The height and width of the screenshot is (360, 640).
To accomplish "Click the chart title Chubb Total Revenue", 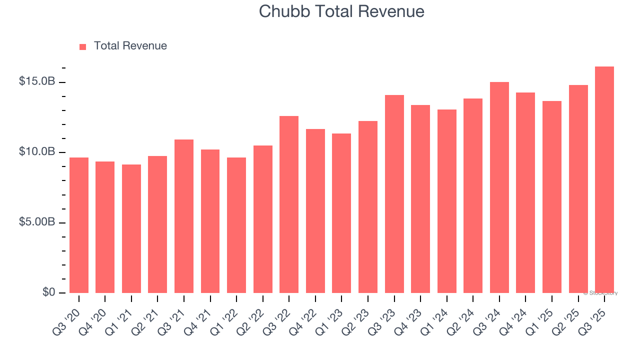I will [x=341, y=11].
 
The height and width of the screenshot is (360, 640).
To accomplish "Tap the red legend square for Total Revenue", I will [x=83, y=46].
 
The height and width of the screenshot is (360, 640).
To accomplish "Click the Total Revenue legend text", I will [x=130, y=46].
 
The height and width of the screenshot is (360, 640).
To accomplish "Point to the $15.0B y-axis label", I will [x=37, y=81].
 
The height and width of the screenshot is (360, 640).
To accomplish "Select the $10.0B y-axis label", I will [x=37, y=151].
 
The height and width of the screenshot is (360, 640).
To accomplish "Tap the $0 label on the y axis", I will [x=48, y=292].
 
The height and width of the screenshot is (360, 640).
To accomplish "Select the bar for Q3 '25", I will [x=604, y=180].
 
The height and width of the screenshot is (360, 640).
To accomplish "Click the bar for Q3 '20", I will [x=79, y=225].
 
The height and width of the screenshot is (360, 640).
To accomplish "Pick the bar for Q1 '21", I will [x=131, y=228].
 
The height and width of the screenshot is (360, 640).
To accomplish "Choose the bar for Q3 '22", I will [x=289, y=204].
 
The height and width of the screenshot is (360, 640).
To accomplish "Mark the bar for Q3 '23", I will [x=394, y=194].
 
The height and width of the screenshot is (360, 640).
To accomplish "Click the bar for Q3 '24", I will [x=499, y=187].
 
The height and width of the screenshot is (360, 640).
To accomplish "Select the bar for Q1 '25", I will [x=551, y=197].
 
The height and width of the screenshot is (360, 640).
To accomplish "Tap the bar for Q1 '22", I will [x=236, y=225].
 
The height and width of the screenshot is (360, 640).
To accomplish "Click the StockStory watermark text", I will [x=600, y=293].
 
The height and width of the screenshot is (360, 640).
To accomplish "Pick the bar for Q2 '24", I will [x=473, y=195].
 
